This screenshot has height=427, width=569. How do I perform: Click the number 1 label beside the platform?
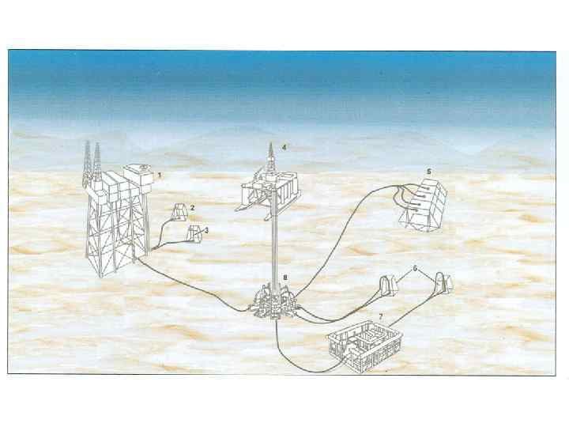coord(160,175)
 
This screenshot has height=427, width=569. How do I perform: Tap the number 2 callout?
coord(192,208)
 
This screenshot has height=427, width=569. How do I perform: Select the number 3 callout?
coord(206,230)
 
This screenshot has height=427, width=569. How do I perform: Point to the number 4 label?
coord(284,147)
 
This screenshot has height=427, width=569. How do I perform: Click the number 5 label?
coord(429,172)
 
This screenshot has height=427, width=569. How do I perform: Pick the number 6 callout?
coord(415,269)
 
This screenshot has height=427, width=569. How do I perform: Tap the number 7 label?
coord(381,317)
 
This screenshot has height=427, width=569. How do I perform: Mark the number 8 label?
coord(285,278)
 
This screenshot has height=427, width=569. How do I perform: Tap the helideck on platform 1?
coord(141,168)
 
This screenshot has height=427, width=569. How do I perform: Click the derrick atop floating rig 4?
coord(270,158)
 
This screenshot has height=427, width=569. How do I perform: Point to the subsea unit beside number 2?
coord(179,211)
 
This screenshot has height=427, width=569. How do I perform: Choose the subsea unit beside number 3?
coord(194,232)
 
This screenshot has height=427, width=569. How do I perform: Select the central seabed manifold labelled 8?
coord(275,302)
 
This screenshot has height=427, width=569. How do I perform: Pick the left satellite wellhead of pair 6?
coord(388,286)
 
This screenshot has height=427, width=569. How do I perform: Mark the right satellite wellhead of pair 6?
coord(444,282)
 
